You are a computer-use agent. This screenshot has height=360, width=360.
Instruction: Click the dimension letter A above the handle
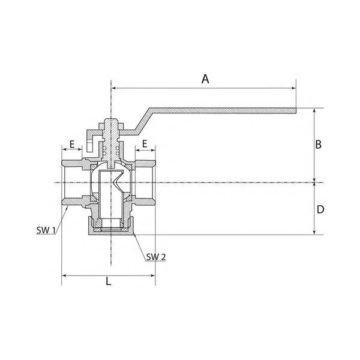(205, 79)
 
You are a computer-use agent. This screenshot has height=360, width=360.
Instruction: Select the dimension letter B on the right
(318, 145)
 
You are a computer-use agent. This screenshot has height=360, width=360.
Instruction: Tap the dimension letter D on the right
(320, 209)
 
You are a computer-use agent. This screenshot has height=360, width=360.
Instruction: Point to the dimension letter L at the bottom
(109, 281)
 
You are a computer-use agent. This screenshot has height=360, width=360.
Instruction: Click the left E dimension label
(72, 145)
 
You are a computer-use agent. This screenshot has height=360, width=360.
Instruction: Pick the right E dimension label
(145, 144)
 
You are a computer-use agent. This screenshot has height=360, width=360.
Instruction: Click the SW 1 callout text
(46, 230)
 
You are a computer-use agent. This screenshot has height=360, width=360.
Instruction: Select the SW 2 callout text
(156, 257)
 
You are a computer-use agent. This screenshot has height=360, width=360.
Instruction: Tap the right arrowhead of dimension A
(293, 88)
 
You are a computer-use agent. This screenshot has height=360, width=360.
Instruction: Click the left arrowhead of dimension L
(65, 275)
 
